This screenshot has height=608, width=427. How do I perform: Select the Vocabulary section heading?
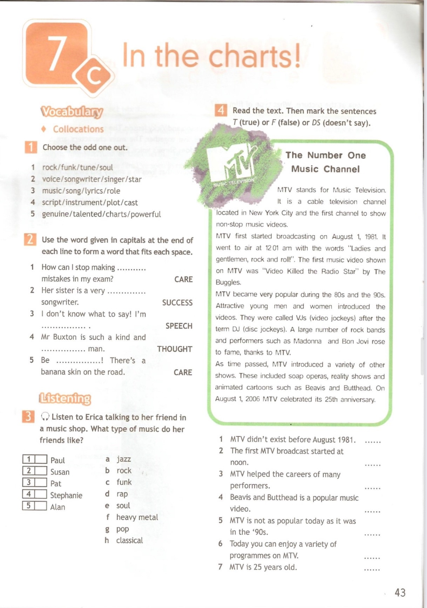(72, 112)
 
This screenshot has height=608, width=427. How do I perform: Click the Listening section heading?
(65, 398)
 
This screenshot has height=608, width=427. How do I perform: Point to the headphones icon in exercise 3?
(45, 416)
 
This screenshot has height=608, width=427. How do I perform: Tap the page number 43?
(400, 592)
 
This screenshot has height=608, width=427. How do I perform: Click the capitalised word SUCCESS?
(177, 302)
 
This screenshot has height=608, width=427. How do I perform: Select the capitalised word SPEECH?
(179, 326)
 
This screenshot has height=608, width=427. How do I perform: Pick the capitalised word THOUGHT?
(175, 349)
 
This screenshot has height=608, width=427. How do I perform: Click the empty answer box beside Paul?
(41, 459)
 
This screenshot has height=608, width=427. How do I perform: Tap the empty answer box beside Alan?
(41, 506)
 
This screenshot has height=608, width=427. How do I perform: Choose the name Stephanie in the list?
(66, 495)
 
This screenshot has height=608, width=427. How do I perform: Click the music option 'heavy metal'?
(137, 517)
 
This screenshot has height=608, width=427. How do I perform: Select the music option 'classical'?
(129, 540)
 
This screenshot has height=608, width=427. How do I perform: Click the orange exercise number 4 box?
(221, 111)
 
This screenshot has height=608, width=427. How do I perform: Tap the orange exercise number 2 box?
(30, 240)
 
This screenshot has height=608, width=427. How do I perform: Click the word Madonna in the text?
(307, 341)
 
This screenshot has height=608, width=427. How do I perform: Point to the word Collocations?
(78, 129)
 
